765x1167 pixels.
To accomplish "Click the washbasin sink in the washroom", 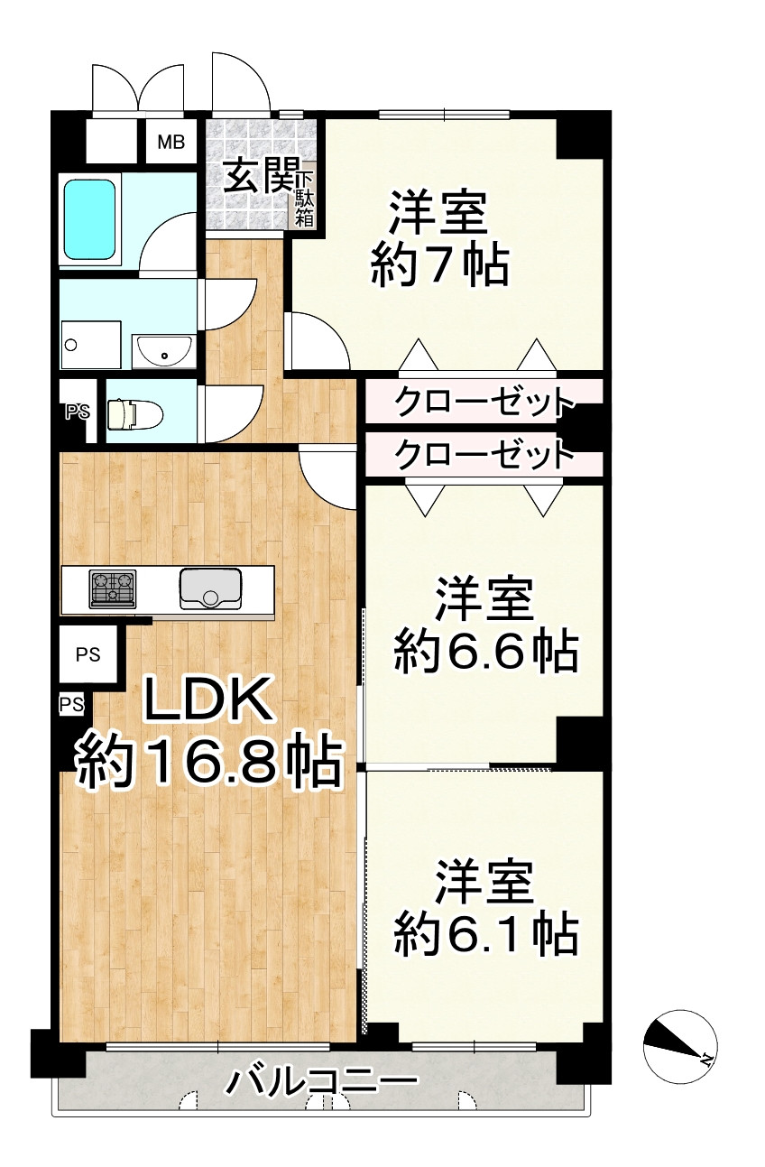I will pyautogui.click(x=163, y=350).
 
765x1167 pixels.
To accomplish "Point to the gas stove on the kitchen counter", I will pyautogui.click(x=112, y=588).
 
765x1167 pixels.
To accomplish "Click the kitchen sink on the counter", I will pyautogui.click(x=210, y=588).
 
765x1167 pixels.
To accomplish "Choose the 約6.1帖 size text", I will pyautogui.click(x=485, y=934).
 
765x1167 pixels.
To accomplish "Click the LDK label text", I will pyautogui.click(x=208, y=703).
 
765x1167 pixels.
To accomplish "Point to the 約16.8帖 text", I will pyautogui.click(x=208, y=764).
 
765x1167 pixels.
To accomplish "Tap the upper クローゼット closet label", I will pyautogui.click(x=484, y=401).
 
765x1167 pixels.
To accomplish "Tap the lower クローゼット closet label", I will pyautogui.click(x=484, y=454).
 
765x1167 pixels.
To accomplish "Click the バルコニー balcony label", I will pyautogui.click(x=323, y=1080).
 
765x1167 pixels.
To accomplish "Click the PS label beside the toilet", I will pyautogui.click(x=78, y=412).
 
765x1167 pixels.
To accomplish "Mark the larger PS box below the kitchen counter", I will pyautogui.click(x=88, y=655).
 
